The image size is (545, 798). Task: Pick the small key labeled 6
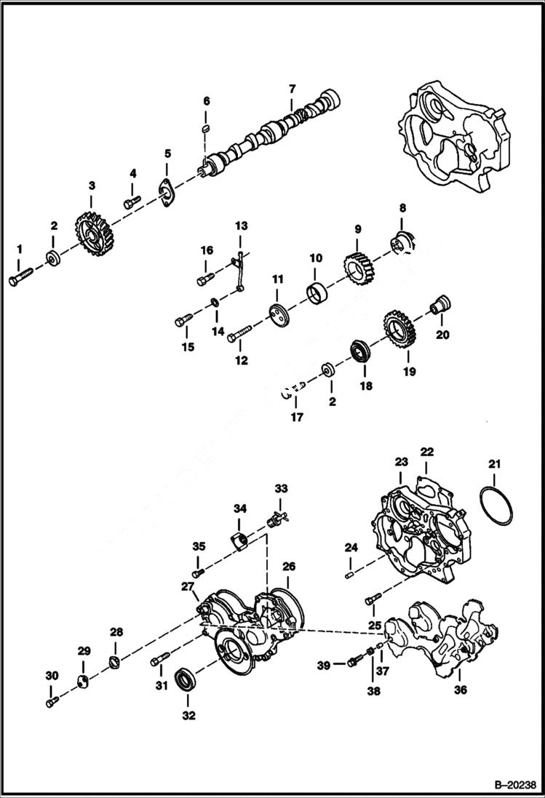(206, 128)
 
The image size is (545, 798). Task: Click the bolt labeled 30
(50, 702)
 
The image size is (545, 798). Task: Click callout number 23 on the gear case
(402, 462)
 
